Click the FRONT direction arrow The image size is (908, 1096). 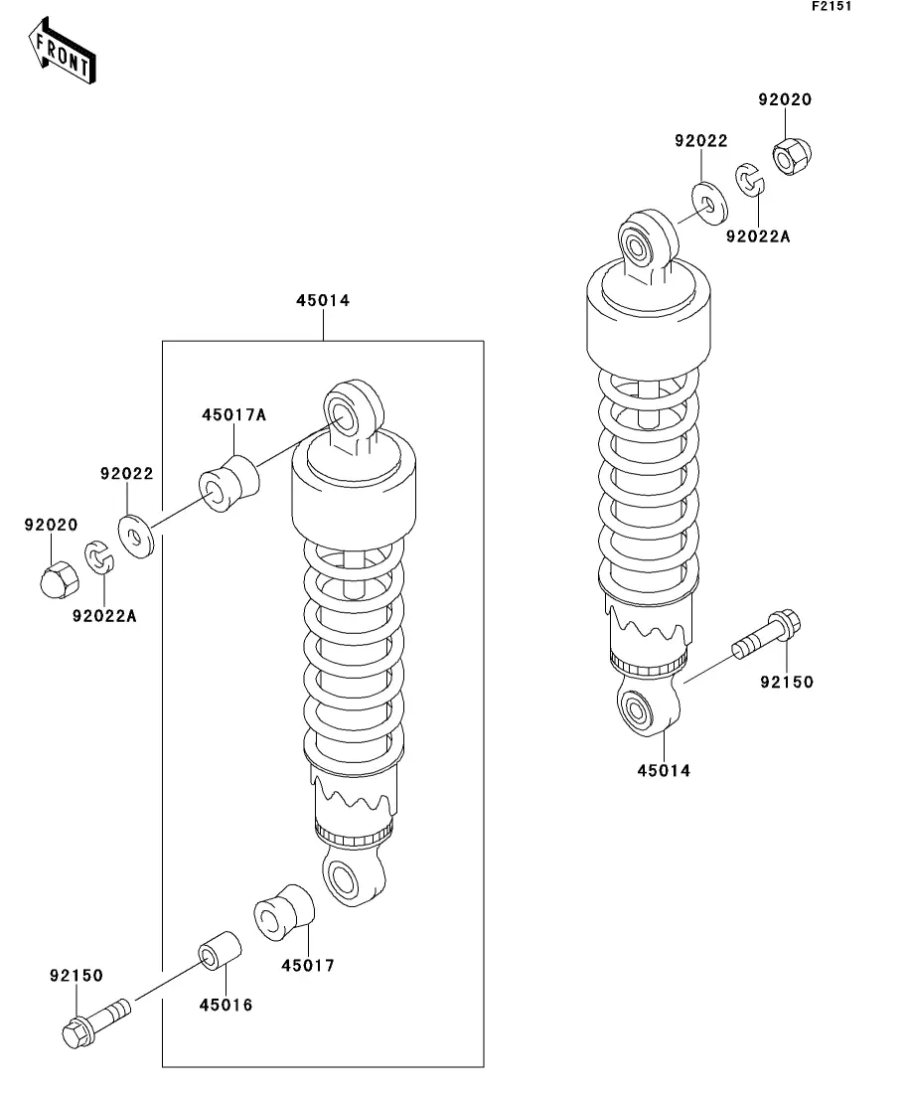coord(62,51)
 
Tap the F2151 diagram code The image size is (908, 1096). coord(832,6)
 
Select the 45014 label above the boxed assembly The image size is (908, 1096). coord(323,300)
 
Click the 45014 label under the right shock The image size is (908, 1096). coord(664,770)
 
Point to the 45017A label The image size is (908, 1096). coord(234,414)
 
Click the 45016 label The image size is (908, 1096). coord(226,1005)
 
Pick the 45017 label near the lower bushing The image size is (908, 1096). coord(308,965)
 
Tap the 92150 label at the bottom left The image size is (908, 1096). coord(76,975)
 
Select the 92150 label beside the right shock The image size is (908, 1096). coord(787,682)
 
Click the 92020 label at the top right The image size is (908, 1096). coord(785,99)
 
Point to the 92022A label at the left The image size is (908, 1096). coord(104,616)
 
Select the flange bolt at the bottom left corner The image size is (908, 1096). coord(96,1022)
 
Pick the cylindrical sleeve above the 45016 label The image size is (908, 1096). coord(220,950)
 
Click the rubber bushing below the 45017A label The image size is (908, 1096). coord(229,483)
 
